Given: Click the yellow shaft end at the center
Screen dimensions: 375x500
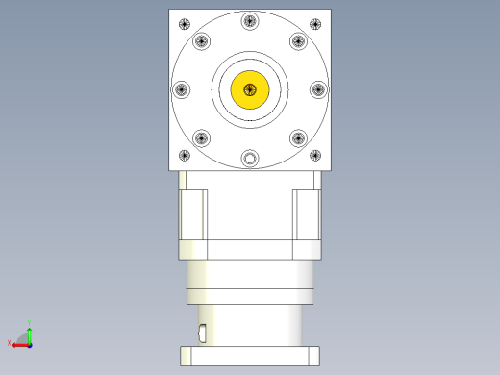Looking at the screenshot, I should click(x=250, y=89).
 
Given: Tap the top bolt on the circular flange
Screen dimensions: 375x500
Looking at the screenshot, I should click(x=250, y=20).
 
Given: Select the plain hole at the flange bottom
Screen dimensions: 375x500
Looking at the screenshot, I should click(x=250, y=159).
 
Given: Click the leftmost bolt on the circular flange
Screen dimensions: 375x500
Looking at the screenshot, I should click(x=181, y=89).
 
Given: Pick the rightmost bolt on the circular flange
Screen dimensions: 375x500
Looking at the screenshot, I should click(x=318, y=89).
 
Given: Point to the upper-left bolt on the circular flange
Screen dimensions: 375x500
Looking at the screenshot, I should click(x=201, y=41).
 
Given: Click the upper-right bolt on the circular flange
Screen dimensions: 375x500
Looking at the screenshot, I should click(x=298, y=41).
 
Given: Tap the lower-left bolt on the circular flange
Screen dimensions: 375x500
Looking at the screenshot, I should click(x=201, y=137).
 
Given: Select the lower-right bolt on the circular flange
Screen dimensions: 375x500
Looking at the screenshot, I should click(x=298, y=137).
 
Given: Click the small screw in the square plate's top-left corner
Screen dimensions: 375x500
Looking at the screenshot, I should click(x=185, y=24).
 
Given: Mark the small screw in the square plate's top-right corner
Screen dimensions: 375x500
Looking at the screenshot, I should click(x=315, y=24).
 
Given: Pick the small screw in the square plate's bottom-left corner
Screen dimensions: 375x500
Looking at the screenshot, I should click(x=185, y=155).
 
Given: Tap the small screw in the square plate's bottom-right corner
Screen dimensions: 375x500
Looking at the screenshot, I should click(x=315, y=155).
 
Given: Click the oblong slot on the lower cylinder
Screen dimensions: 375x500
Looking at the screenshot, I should click(x=202, y=334).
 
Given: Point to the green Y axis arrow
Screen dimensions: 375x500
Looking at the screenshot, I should click(x=30, y=333).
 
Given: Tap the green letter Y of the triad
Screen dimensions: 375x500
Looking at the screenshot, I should click(x=30, y=322).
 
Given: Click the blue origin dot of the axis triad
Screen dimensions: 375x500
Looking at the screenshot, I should click(x=30, y=343).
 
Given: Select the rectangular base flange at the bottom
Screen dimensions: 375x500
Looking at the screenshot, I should click(x=250, y=355).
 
